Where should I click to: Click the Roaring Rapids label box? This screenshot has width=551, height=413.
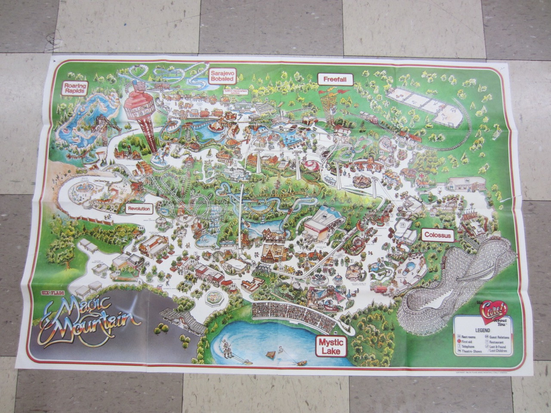pos(75,88)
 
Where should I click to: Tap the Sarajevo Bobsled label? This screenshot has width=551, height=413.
pos(222,77)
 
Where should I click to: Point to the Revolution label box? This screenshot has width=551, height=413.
pos(139,209)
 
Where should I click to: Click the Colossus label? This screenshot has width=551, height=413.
pos(437,235)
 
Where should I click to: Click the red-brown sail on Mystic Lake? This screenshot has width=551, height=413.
pos(270,354)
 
